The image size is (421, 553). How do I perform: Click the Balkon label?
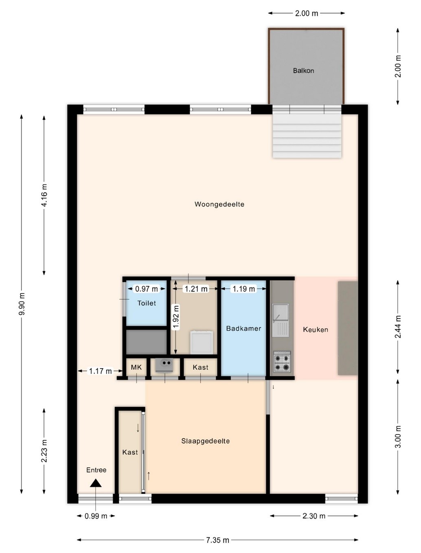tap(303, 70)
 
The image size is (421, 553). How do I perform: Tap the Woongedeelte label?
tap(219, 204)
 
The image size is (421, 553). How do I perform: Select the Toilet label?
tap(147, 303)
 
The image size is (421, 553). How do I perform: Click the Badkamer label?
tap(243, 328)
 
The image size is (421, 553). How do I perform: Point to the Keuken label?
tap(315, 329)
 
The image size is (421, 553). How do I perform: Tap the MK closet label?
tap(136, 367)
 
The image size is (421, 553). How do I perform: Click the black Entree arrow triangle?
tap(96, 483)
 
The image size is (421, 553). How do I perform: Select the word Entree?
tap(96, 470)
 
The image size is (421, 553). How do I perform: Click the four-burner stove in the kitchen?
tap(282, 362)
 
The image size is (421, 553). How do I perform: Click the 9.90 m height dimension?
tap(22, 304)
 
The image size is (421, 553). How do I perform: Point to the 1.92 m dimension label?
tap(176, 317)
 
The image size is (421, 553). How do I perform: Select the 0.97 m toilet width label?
tap(146, 289)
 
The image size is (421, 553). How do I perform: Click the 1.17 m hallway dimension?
tap(100, 371)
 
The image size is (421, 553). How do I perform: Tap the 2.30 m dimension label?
tap(314, 516)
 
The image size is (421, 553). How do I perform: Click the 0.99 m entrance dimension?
tap(96, 516)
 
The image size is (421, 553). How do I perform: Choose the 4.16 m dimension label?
tap(44, 195)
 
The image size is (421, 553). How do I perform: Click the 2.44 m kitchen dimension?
tap(398, 327)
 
